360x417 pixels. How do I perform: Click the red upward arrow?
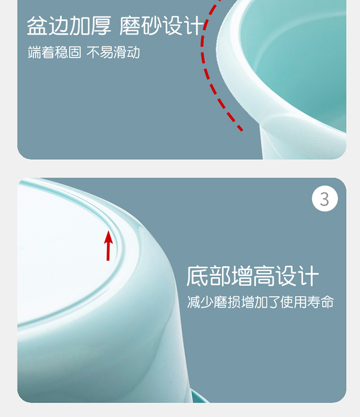coord(108,246)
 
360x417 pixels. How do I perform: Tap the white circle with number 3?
coord(324,199)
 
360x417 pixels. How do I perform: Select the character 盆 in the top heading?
coord(37,25)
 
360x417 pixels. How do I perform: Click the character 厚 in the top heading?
coord(101,25)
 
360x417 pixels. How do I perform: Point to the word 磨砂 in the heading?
coord(141,25)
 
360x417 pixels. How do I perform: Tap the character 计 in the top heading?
coord(193,25)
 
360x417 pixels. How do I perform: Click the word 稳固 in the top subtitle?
coord(68,52)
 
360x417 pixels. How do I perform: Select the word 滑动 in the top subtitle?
coord(126,52)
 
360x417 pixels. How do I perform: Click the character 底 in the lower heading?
coord(197,276)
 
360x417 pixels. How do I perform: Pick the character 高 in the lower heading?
coord(264,276)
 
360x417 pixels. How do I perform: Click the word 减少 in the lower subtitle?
coord(200,302)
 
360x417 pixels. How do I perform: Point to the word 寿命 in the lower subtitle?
coord(320,302)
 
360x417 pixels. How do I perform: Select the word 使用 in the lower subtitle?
coord(293,302)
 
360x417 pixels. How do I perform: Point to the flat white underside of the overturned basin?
coord(61,252)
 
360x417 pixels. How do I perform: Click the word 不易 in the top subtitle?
coord(99,52)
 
